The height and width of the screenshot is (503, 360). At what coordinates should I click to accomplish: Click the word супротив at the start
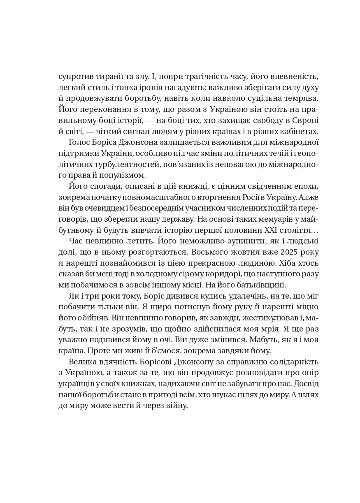pos(77,76)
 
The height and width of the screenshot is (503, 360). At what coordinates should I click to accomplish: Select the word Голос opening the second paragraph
pos(80,143)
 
